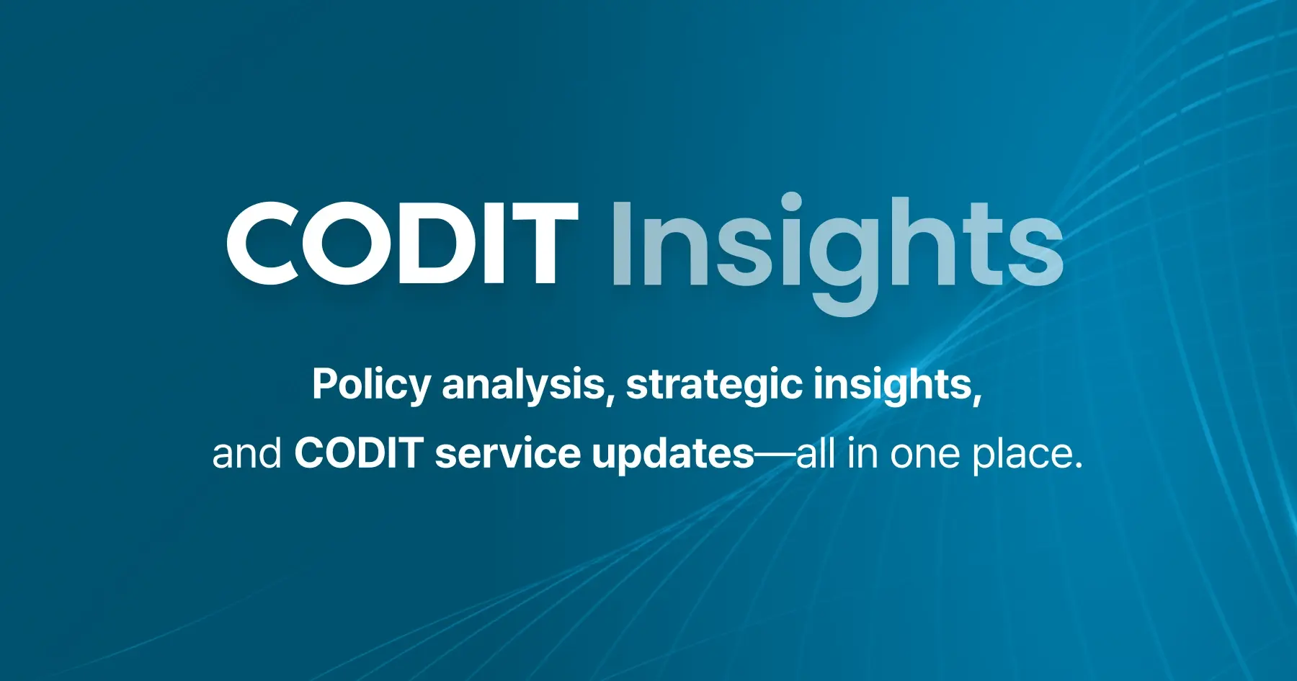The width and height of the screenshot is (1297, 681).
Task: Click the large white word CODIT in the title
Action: click(x=402, y=244)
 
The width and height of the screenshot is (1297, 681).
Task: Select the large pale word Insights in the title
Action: click(x=836, y=245)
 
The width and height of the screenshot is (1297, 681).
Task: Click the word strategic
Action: click(x=713, y=384)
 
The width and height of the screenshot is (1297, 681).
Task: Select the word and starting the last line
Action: click(x=246, y=454)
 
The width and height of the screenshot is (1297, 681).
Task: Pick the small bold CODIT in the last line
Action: click(x=358, y=454)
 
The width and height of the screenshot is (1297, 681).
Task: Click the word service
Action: click(x=507, y=454)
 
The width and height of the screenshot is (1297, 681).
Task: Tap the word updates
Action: click(x=672, y=454)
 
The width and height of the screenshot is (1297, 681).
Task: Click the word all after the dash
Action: click(x=816, y=454)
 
